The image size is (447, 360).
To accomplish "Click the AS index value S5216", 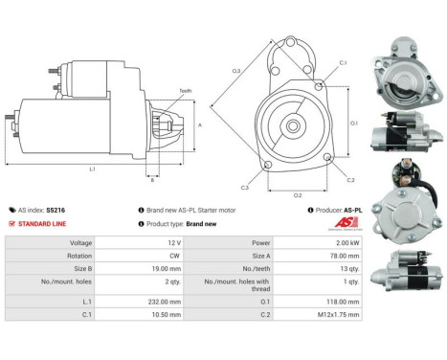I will pos(56,210).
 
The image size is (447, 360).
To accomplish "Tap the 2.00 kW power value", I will pos(347,242).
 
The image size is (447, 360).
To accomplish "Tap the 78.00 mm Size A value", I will pos(347,256).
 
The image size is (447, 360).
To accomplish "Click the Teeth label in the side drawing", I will pos(185,90).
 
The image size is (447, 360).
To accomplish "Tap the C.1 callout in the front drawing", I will pos(343,63).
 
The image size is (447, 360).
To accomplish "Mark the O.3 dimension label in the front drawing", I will pos(235,70).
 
